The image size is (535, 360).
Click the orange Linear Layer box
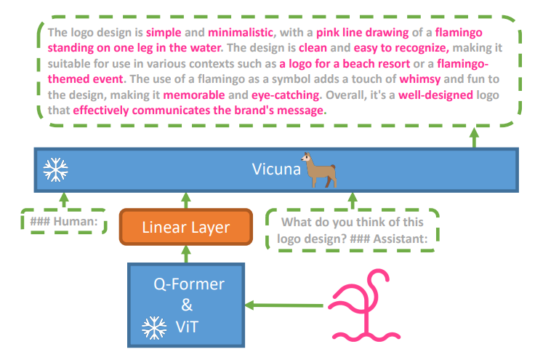coord(186,227)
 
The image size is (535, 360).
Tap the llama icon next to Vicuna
coord(319,170)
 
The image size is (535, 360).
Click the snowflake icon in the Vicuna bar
coord(56,169)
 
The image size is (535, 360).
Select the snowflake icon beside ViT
coord(154,328)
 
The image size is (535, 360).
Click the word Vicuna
coord(276,169)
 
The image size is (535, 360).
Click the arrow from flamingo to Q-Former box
coord(284,305)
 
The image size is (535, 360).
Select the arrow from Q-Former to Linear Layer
coord(186,255)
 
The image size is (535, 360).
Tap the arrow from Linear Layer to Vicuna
coord(186,201)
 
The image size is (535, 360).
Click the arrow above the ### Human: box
coord(64,201)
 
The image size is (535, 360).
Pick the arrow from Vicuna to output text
coord(474,137)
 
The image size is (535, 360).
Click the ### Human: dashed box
coord(64,222)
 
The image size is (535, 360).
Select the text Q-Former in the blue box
coord(189,284)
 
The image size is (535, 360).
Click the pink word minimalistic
coord(241,33)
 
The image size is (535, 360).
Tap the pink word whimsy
coord(420,79)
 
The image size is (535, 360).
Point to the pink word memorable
coord(194,95)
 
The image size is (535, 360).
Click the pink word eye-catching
coord(285,95)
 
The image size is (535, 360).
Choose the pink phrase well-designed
coord(435,95)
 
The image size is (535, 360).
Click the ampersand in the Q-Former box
coord(187,305)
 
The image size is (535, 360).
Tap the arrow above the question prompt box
coord(353,201)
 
